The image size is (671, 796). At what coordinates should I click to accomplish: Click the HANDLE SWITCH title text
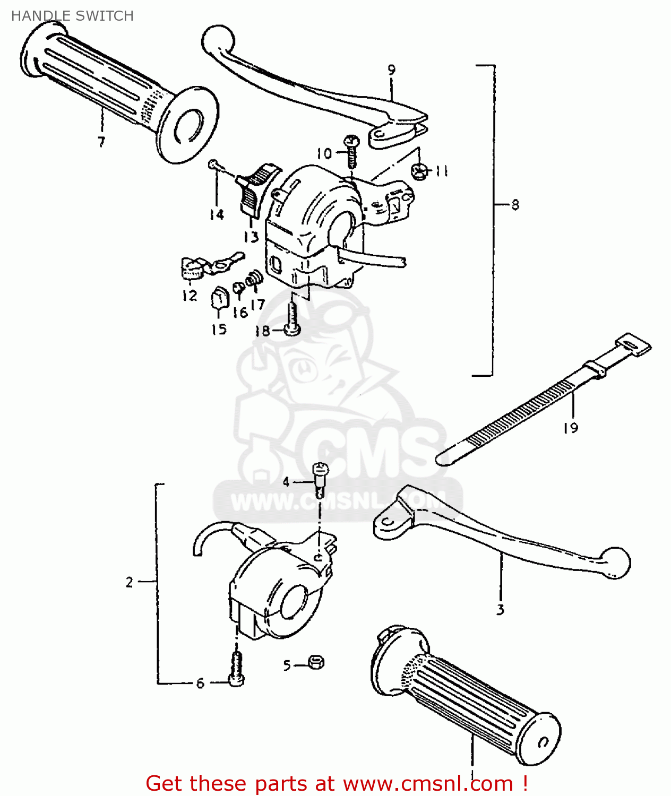[x=72, y=16]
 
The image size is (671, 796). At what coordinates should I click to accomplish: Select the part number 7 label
[x=101, y=142]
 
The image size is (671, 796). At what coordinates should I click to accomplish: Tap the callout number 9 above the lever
[x=391, y=70]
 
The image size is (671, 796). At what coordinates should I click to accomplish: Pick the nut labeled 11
[x=419, y=171]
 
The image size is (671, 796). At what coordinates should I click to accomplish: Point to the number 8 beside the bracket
[x=515, y=205]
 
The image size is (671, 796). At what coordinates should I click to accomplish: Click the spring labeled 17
[x=255, y=279]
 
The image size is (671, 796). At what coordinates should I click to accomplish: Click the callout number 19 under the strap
[x=571, y=428]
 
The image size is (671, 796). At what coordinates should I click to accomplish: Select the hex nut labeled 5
[x=316, y=662]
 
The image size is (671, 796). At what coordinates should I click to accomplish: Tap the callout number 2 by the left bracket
[x=130, y=582]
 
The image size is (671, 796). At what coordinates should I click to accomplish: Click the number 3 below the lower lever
[x=500, y=610]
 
